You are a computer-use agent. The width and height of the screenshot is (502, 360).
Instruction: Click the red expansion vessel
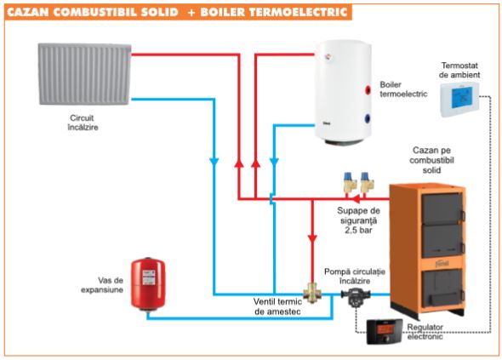(148, 283)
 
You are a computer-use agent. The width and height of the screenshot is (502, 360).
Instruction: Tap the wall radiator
(85, 74)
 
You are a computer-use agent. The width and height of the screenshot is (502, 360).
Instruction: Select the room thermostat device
(459, 100)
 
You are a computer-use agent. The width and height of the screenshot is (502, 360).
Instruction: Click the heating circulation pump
(355, 295)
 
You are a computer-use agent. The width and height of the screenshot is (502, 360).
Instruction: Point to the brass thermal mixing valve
(312, 293)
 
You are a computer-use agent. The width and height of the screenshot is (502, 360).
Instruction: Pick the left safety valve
(347, 182)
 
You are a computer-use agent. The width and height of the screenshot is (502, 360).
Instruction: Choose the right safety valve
(365, 182)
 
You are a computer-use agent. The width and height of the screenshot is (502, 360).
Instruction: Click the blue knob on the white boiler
(368, 119)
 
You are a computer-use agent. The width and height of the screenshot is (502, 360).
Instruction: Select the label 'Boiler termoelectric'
(403, 89)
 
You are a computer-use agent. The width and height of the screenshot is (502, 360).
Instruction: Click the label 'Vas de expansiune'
(102, 285)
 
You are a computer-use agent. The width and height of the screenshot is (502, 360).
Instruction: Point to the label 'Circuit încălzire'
(83, 123)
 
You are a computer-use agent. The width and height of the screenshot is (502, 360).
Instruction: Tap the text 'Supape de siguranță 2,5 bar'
(358, 220)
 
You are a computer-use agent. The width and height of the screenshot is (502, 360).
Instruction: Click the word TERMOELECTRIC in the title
(298, 12)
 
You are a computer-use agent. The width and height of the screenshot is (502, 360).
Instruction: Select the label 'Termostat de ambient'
(460, 70)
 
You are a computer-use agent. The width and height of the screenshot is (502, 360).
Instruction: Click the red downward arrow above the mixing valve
(312, 239)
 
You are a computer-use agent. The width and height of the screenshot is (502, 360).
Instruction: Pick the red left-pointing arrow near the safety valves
(355, 199)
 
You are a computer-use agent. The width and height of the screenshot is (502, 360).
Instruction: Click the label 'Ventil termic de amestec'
(277, 306)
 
